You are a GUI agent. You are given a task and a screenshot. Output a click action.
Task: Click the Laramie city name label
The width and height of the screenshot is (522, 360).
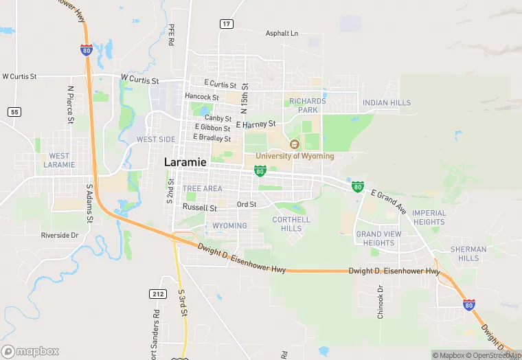click(186, 161)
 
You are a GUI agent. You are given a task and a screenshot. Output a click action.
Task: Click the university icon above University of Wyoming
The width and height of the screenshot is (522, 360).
click(295, 144)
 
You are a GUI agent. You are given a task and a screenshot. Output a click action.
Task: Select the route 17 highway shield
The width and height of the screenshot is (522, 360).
click(226, 23)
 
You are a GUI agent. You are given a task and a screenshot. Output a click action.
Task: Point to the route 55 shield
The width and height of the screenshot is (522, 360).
click(14, 111)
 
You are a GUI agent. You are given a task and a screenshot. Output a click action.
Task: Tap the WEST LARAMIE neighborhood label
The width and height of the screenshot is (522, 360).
click(59, 160)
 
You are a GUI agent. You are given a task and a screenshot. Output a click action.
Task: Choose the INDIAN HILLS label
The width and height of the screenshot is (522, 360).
click(387, 103)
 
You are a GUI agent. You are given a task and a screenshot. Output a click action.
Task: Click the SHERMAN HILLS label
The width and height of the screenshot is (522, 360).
click(468, 254)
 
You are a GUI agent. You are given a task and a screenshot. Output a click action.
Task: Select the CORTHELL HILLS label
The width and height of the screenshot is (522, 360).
click(291, 224)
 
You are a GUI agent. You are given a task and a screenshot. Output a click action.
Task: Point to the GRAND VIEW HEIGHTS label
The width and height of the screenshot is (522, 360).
click(378, 238)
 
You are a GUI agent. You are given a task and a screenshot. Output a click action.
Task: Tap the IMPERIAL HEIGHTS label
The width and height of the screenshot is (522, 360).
click(429, 217)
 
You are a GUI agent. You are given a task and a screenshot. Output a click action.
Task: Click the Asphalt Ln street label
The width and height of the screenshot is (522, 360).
click(282, 33)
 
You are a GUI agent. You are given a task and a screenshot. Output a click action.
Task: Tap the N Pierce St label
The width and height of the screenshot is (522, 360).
click(70, 104)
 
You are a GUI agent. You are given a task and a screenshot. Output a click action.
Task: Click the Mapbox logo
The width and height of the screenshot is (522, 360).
click(30, 351)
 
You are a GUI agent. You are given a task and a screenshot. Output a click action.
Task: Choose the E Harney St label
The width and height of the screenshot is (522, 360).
click(256, 124)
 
